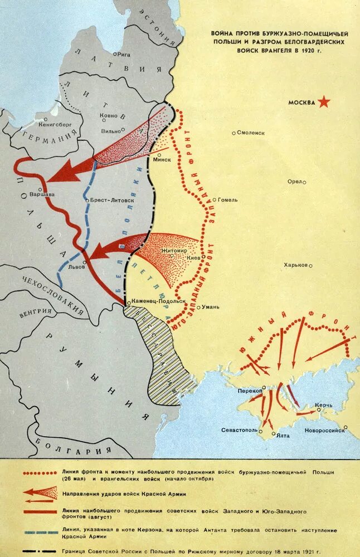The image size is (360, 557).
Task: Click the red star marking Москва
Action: tap(324, 102)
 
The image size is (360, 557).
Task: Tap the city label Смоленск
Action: tap(251, 133)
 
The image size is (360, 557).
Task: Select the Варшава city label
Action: tap(42, 195)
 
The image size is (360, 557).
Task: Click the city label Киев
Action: tap(194, 258)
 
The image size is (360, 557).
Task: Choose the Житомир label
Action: tap(174, 251)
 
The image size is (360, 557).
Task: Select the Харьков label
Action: tap(296, 265)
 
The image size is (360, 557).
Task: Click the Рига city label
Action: tap(124, 54)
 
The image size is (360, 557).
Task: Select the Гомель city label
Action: tap(227, 199)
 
